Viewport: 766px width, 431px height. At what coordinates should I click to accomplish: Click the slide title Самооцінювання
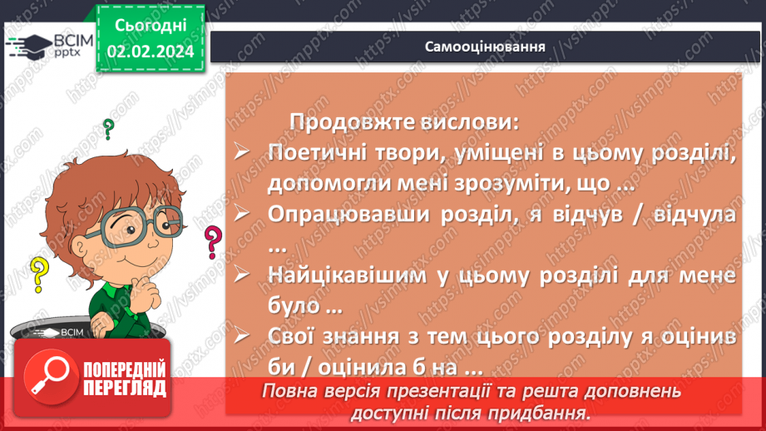tap(486, 46)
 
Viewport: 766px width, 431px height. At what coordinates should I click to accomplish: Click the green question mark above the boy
tap(107, 129)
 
